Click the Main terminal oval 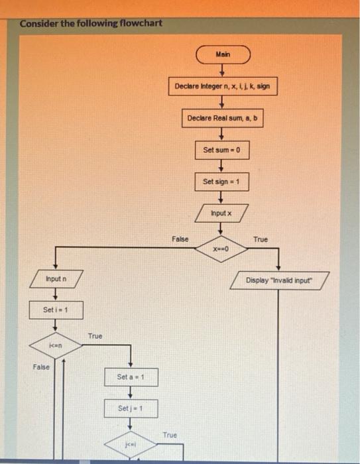pos(223,54)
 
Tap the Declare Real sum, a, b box pos(223,119)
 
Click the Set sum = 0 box pos(223,150)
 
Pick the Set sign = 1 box pos(223,181)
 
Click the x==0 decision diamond pos(221,247)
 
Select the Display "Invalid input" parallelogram pos(278,280)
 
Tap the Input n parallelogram pos(55,280)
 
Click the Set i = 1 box pos(55,310)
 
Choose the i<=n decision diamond pos(55,345)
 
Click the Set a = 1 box pos(131,377)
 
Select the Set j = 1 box pos(131,409)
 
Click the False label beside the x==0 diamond pos(180,238)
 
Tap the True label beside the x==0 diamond pos(261,239)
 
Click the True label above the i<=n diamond pos(95,336)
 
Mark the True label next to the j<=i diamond pos(170,434)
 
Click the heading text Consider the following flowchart pos(91,24)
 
